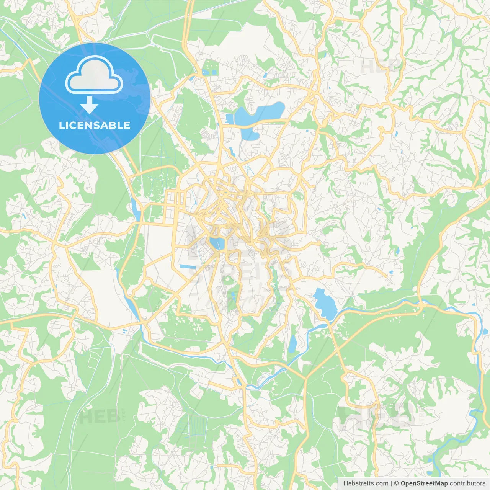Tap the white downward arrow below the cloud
pyautogui.click(x=89, y=105)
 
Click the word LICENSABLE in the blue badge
pyautogui.click(x=95, y=125)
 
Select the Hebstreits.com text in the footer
pyautogui.click(x=366, y=483)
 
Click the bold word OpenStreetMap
pyautogui.click(x=424, y=483)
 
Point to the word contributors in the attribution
pyautogui.click(x=467, y=483)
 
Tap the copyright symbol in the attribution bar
pyautogui.click(x=397, y=483)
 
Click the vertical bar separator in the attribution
pyautogui.click(x=391, y=483)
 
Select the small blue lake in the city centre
pyautogui.click(x=217, y=243)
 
